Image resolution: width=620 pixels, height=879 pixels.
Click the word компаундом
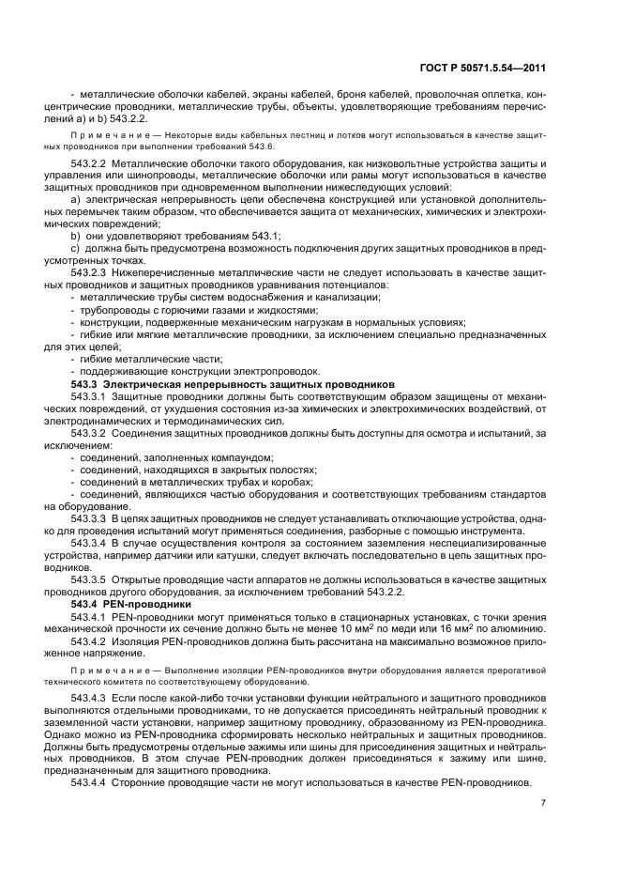click(x=232, y=457)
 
